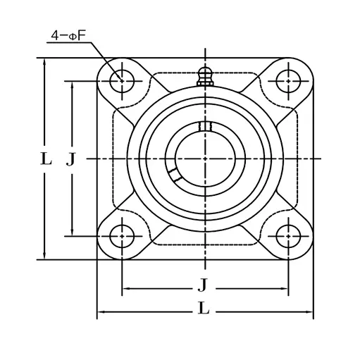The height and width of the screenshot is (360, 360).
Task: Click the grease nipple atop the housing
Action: point(205,75)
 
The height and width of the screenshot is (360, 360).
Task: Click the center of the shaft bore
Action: point(205,159)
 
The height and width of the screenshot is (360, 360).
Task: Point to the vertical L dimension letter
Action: point(46,159)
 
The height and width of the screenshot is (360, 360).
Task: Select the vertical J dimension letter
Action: point(70,159)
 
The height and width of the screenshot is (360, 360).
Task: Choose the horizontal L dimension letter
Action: point(203,308)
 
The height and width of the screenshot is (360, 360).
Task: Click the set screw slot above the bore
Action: point(205,126)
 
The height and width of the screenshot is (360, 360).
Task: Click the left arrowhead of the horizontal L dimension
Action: point(99,311)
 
